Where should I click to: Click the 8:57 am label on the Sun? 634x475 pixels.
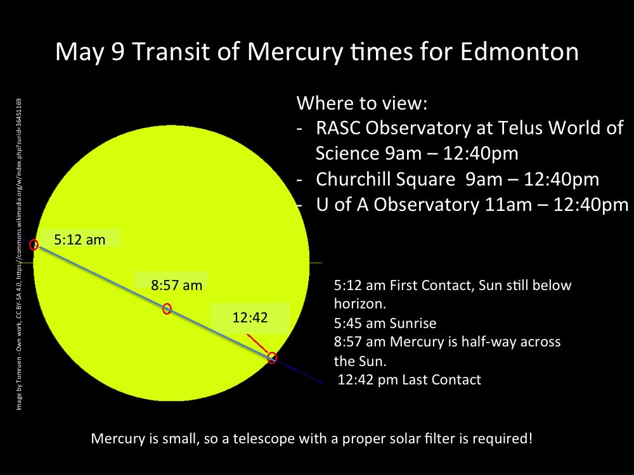(176, 285)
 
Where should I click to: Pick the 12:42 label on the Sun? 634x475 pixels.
(250, 318)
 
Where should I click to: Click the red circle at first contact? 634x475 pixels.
(34, 245)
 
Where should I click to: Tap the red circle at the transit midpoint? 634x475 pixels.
(167, 308)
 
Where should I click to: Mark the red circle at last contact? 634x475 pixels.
(272, 357)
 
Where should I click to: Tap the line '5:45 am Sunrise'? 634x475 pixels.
(385, 323)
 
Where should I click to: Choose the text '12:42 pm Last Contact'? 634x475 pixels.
(410, 380)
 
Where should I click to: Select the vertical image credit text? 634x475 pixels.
(19, 253)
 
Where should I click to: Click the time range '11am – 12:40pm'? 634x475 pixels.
(561, 205)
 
